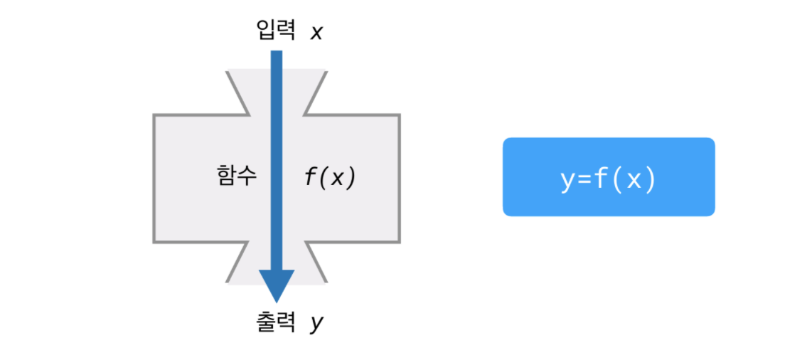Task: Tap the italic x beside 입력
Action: point(316,32)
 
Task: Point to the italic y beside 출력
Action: point(316,323)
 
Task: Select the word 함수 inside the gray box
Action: point(236,176)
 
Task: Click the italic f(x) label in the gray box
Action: point(329,176)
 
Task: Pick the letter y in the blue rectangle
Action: point(567,180)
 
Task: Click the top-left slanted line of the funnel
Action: point(237,92)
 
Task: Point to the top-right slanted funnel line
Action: point(315,92)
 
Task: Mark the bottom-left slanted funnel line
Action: point(237,263)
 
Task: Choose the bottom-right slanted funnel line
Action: point(316,263)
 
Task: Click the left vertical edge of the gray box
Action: point(154,178)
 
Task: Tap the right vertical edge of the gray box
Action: point(399,178)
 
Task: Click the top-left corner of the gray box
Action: point(154,115)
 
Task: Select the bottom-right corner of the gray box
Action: point(399,242)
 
